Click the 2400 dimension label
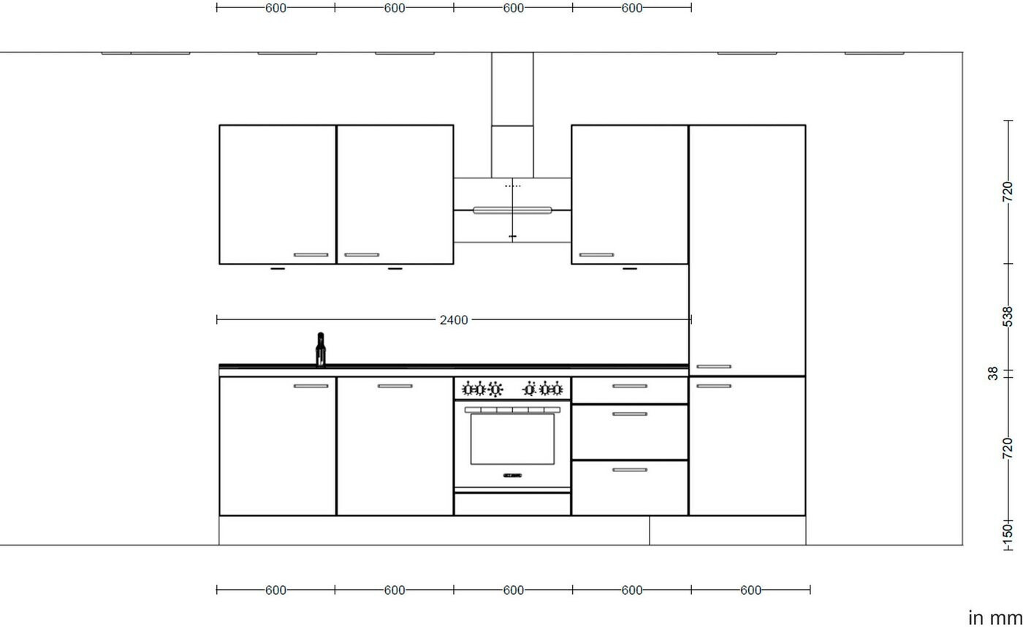(454, 320)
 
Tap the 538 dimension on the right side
(1007, 316)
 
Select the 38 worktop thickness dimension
(993, 373)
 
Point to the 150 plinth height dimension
(1007, 535)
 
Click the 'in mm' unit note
(995, 618)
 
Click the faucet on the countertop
(321, 349)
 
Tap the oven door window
(512, 439)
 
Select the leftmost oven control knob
(467, 389)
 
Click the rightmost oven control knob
(557, 389)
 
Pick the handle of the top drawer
(630, 387)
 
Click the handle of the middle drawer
(630, 414)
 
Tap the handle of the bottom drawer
(630, 470)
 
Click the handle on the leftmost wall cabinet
(311, 255)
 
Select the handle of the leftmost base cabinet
(311, 387)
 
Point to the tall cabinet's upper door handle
(714, 367)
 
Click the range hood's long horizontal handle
(512, 210)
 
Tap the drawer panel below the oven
(512, 504)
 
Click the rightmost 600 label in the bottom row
(751, 590)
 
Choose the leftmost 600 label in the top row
(276, 8)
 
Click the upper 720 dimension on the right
(1007, 191)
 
